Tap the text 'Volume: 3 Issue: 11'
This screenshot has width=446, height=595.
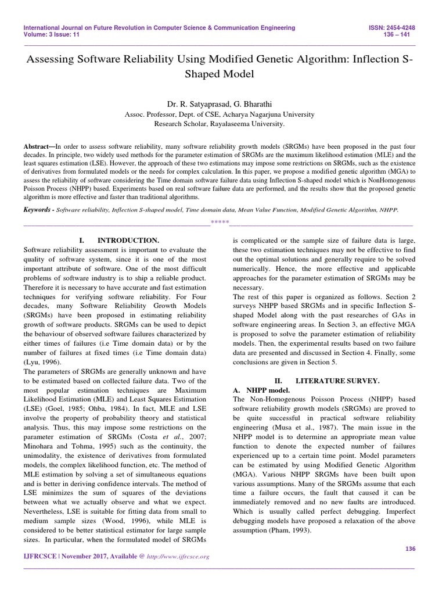[x=52, y=35]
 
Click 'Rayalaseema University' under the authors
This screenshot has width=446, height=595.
[x=253, y=124]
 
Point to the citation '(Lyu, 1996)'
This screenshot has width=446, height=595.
[x=42, y=361]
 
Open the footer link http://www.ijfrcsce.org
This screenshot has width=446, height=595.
[x=179, y=557]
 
